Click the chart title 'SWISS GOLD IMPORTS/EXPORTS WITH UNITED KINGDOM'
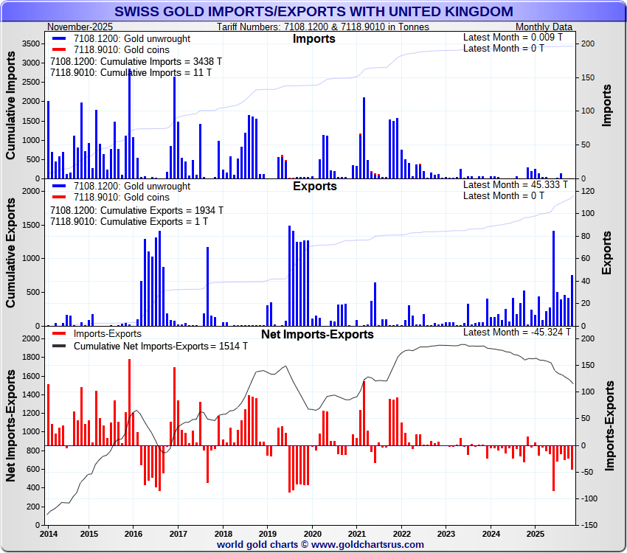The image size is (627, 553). coord(313,12)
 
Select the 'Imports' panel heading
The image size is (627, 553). coord(313,38)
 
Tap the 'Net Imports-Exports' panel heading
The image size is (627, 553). coord(317,334)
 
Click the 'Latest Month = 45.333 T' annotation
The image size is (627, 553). coord(516,185)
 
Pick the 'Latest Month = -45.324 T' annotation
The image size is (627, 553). coord(516,333)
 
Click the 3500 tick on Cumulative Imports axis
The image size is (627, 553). coord(31,44)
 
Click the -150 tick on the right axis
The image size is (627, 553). coord(589,525)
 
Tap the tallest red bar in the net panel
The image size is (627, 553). coord(129,403)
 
